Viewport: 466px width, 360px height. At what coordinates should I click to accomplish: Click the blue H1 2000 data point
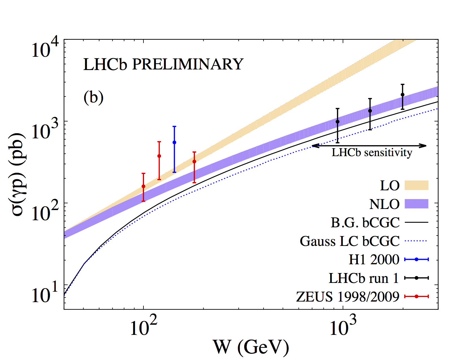(174, 142)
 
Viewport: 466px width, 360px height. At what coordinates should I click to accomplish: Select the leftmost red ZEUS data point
(143, 186)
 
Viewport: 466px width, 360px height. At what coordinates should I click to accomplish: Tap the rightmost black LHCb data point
(402, 95)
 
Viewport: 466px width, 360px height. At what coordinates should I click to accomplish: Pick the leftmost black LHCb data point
(337, 122)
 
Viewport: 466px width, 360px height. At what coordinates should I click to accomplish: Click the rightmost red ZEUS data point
(194, 162)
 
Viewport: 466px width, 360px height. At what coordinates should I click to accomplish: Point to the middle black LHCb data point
(370, 111)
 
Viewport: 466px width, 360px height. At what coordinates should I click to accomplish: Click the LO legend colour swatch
(417, 186)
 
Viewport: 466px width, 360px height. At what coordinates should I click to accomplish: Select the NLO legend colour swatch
(417, 204)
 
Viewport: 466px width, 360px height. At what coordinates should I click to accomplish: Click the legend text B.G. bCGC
(365, 223)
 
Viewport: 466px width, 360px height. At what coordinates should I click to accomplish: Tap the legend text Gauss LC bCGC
(350, 241)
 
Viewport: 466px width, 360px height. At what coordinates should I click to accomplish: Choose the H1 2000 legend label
(374, 260)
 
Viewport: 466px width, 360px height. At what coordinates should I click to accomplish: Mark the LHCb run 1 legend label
(363, 278)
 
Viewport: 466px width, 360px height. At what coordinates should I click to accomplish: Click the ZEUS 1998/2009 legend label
(348, 297)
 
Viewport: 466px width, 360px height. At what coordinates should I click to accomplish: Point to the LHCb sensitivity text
(372, 153)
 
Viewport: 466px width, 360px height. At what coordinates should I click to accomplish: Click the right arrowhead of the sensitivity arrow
(424, 146)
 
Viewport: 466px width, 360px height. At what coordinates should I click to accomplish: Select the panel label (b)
(93, 97)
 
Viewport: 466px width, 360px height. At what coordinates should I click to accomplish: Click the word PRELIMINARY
(188, 64)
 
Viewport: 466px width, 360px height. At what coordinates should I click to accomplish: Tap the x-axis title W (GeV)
(251, 347)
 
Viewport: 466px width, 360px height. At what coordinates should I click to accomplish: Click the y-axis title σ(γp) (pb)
(19, 174)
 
